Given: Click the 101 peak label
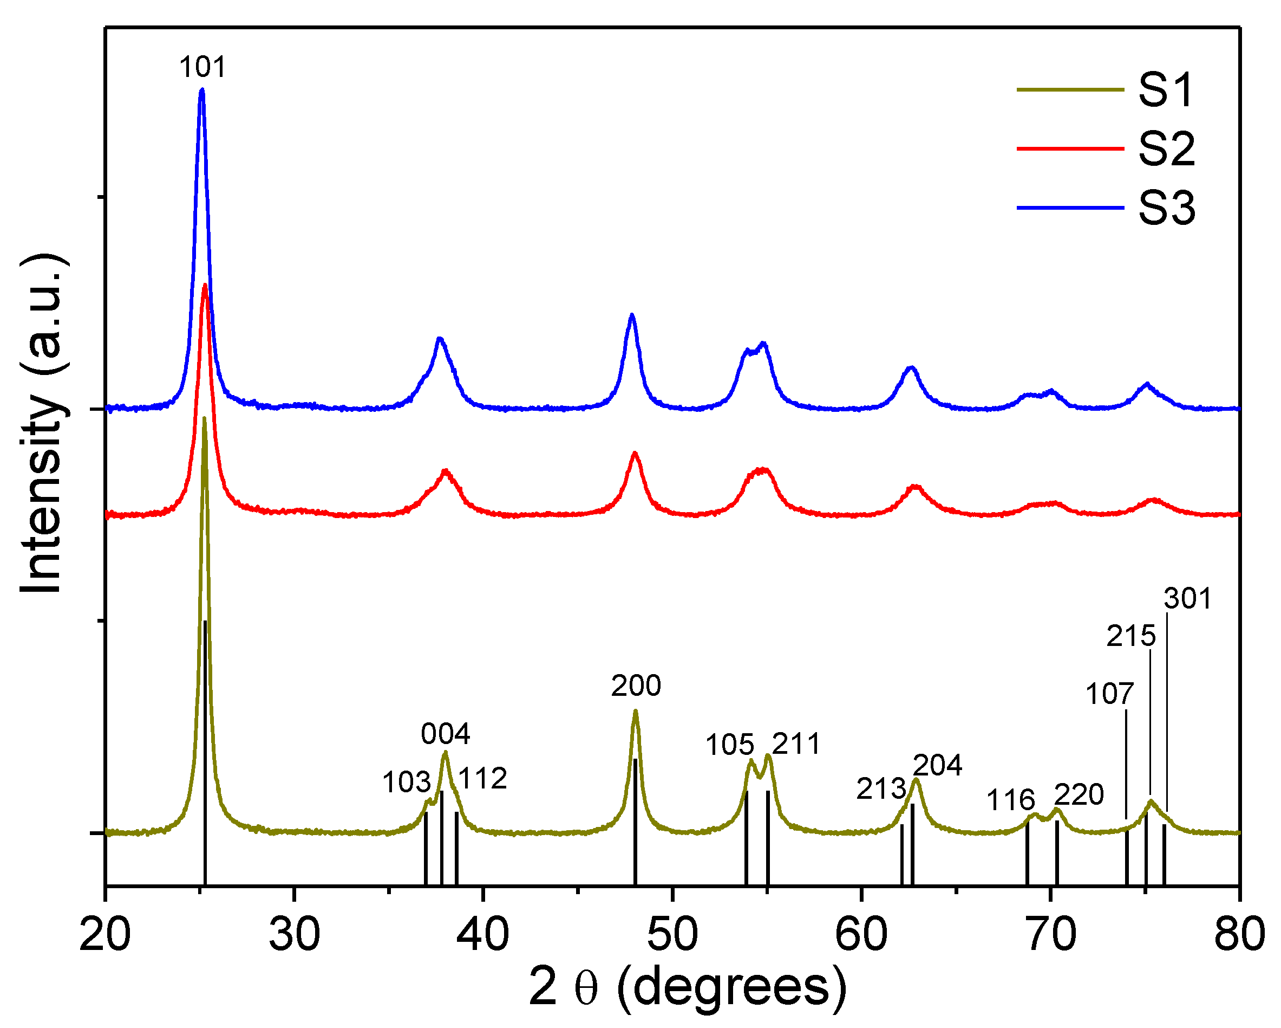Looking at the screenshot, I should click(202, 67).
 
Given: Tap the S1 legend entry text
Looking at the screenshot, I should click(1165, 90).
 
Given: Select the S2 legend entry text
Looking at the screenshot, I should click(1166, 148).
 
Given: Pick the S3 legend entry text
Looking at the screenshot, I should click(1166, 208).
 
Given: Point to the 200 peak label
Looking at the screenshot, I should click(636, 686).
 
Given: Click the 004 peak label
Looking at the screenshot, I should click(446, 734).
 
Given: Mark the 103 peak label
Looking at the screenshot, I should click(407, 783).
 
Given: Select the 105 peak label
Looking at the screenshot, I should click(730, 745).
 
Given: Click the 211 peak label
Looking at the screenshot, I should click(796, 744).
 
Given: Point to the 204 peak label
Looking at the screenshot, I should click(938, 765).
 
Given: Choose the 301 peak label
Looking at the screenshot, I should click(1187, 599).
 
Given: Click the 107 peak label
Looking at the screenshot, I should click(1109, 694).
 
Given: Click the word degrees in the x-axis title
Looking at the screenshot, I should click(731, 987).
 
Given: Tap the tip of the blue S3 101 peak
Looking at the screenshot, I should click(202, 90).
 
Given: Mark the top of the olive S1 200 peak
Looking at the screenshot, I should click(635, 711).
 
